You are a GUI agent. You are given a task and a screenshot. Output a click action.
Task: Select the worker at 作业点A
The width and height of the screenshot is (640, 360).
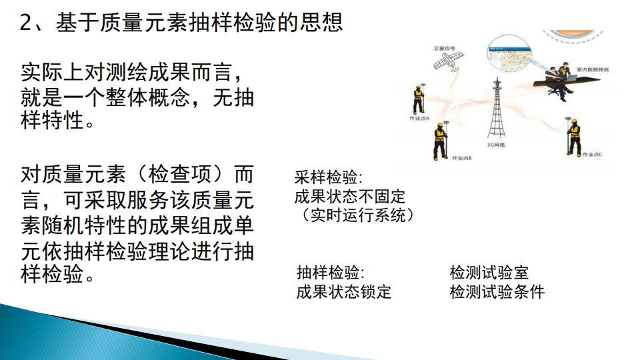click(x=419, y=99)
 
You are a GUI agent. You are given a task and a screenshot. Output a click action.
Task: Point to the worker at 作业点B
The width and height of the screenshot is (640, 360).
click(x=440, y=141)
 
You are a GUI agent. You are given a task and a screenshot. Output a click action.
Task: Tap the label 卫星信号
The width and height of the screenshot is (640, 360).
click(x=444, y=48)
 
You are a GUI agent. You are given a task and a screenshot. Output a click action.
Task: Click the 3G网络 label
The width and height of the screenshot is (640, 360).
click(x=495, y=145)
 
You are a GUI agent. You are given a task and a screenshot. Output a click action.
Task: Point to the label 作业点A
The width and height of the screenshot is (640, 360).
click(x=419, y=118)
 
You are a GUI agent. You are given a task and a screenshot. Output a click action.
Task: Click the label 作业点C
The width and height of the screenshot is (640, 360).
click(x=592, y=155)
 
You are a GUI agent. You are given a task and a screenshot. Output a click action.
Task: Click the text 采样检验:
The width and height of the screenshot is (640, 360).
click(x=329, y=178)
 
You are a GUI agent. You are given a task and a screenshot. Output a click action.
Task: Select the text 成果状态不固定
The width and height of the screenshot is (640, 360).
click(x=349, y=197)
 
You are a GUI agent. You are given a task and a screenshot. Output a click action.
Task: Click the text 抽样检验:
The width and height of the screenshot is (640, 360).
click(x=330, y=273)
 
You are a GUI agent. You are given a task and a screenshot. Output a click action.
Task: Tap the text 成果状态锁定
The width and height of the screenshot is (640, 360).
click(x=343, y=292)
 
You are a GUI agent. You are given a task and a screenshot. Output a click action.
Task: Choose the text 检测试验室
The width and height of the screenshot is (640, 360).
click(x=489, y=273)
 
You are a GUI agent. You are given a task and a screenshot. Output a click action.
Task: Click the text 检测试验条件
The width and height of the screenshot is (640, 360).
click(x=497, y=292)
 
